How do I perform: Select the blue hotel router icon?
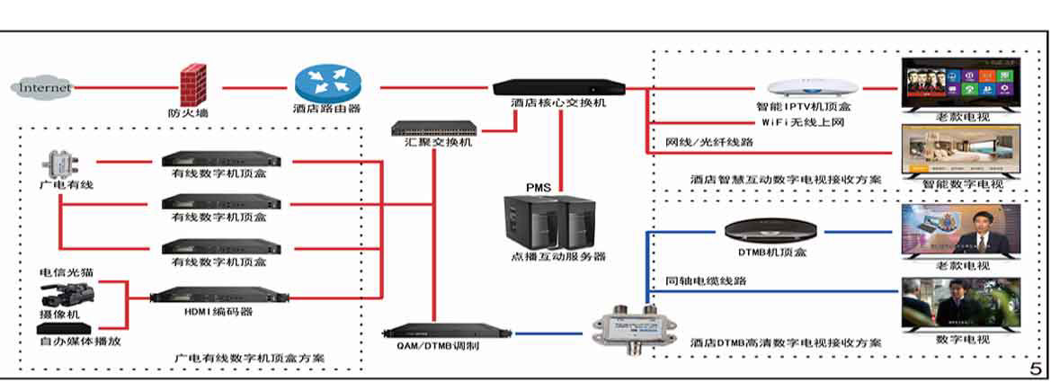pos(327,84)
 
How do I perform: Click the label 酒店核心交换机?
pos(558,103)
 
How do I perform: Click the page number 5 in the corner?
pos(1036,369)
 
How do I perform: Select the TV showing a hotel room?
pos(960,151)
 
